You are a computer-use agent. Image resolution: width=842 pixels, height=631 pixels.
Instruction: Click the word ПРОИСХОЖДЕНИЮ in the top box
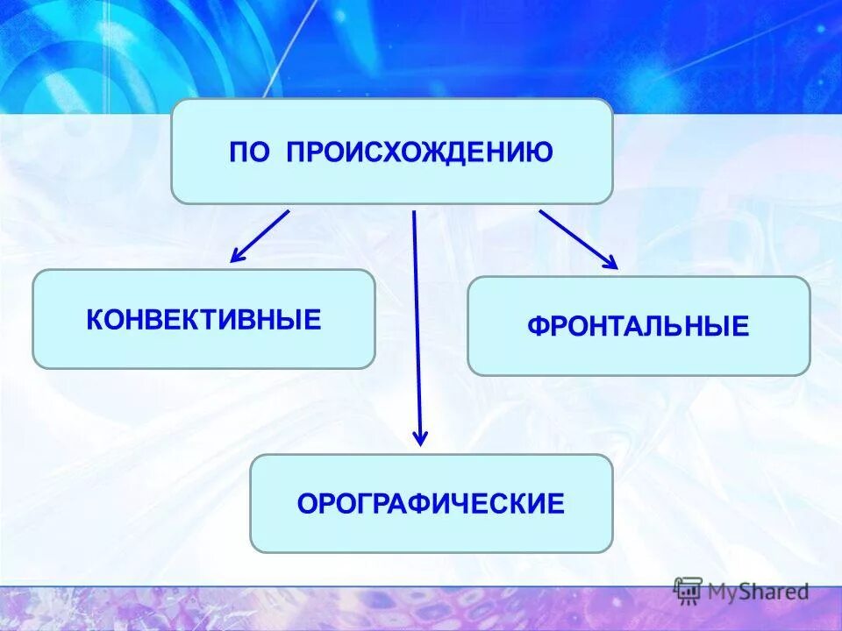coord(418,152)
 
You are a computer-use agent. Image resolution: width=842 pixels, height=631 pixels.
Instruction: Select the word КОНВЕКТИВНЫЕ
coord(203,319)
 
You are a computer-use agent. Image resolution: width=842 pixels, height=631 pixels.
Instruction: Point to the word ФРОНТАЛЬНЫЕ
coord(638,327)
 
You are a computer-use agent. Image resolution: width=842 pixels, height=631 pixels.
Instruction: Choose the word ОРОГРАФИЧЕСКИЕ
coord(431,504)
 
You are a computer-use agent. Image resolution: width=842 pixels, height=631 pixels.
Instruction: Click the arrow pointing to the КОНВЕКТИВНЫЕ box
coord(260,236)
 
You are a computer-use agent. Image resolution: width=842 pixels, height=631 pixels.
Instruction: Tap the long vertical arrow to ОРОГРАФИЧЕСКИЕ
coord(417,324)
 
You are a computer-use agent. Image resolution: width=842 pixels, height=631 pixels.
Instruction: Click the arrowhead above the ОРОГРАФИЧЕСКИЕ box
coord(420,437)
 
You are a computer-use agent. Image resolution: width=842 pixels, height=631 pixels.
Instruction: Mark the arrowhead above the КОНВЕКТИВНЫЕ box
coord(236,257)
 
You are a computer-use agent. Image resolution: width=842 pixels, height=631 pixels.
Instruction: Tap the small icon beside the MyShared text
coord(687,591)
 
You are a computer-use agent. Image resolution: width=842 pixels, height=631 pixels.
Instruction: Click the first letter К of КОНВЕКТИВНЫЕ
coord(94,319)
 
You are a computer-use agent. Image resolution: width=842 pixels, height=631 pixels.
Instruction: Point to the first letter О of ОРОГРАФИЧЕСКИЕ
coord(306,504)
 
